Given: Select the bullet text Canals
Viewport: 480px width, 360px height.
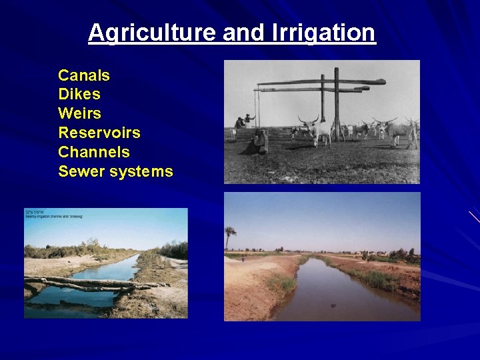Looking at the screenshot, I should pyautogui.click(x=84, y=75).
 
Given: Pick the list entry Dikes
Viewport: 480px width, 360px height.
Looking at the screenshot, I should pyautogui.click(x=79, y=95).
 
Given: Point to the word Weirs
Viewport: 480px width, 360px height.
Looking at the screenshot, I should pyautogui.click(x=79, y=113).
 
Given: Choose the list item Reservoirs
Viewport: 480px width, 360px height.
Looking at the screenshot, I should pyautogui.click(x=99, y=133).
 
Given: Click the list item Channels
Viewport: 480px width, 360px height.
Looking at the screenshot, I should pyautogui.click(x=94, y=152).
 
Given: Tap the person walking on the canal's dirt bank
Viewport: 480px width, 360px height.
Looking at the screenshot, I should pyautogui.click(x=243, y=259).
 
